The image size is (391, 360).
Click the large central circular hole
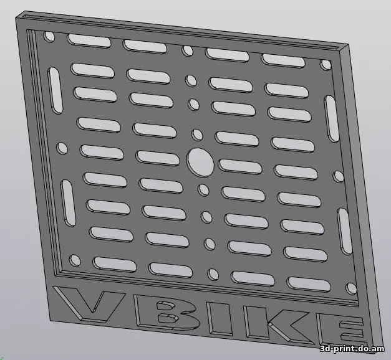tap(200, 163)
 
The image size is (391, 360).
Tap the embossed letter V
tap(89, 303)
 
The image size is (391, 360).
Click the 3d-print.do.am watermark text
tap(352, 349)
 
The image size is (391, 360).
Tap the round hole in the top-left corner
tap(49, 37)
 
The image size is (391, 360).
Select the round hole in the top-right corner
tap(326, 65)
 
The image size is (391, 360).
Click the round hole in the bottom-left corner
tap(75, 260)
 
